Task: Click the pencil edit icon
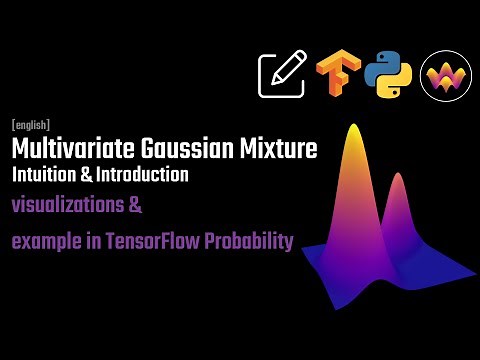pos(282,75)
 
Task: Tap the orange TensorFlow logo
pos(337,75)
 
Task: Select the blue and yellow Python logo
pos(388,75)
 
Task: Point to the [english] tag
pos(31,126)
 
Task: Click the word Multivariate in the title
pos(68,150)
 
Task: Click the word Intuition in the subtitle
pos(44,175)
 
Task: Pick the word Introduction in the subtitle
pos(144,175)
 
